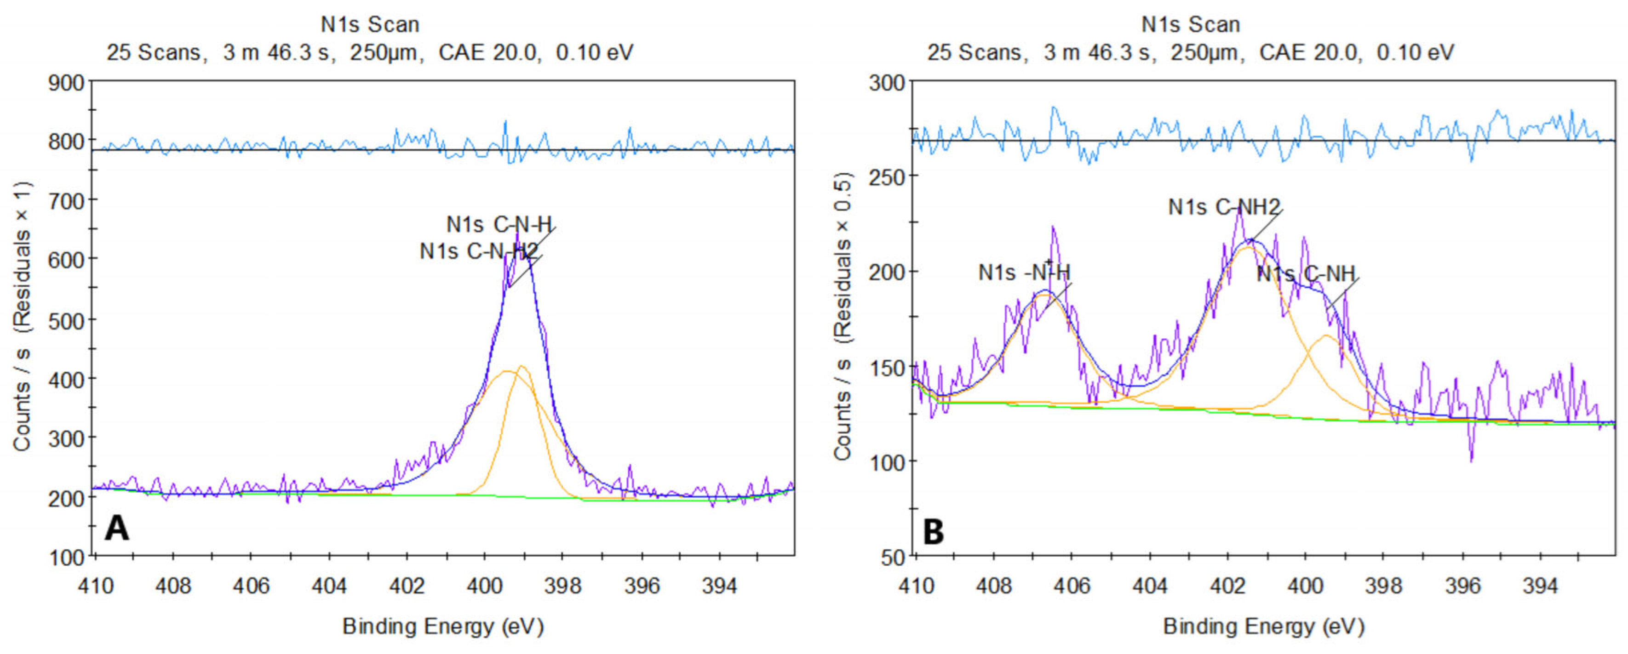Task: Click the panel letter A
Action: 117,528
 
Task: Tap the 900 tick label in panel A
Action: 66,83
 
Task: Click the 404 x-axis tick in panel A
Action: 329,586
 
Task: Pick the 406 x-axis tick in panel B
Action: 1072,586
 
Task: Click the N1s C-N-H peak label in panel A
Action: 499,224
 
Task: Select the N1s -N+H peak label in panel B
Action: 1024,273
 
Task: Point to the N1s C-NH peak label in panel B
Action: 1306,273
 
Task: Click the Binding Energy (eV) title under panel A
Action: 443,626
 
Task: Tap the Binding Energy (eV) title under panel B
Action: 1263,626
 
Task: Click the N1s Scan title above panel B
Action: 1190,25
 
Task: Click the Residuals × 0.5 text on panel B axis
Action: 843,256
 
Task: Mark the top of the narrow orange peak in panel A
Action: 522,366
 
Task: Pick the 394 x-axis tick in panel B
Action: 1540,586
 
